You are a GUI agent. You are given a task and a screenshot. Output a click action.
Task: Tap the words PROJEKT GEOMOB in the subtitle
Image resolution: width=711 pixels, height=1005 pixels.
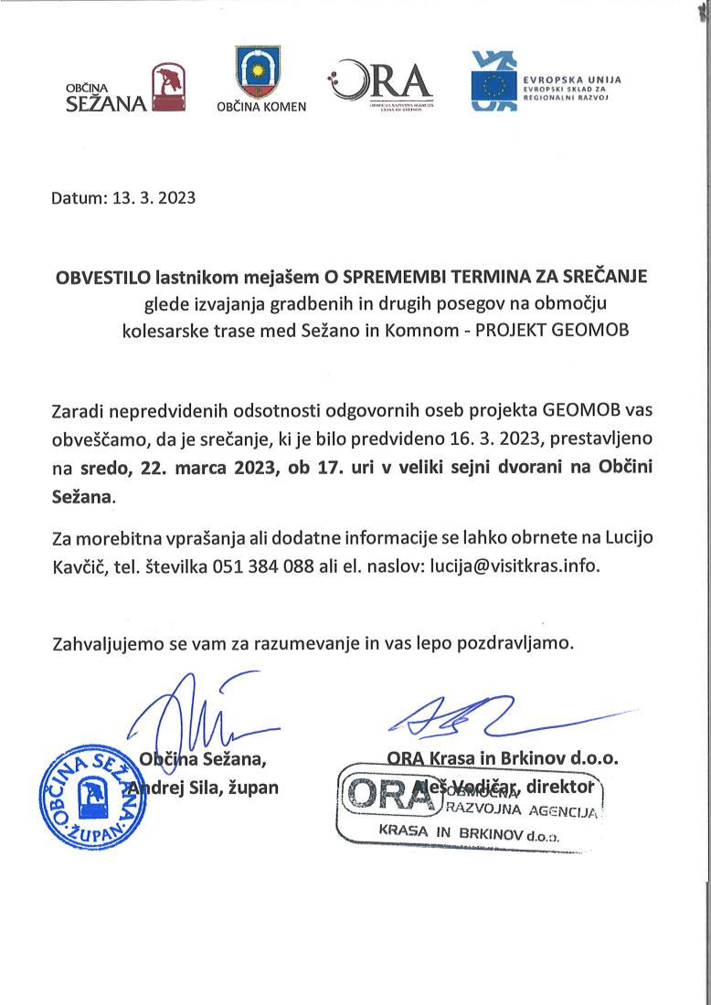[553, 330]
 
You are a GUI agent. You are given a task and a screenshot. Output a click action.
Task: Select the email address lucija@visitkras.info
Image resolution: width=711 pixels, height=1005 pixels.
[514, 565]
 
